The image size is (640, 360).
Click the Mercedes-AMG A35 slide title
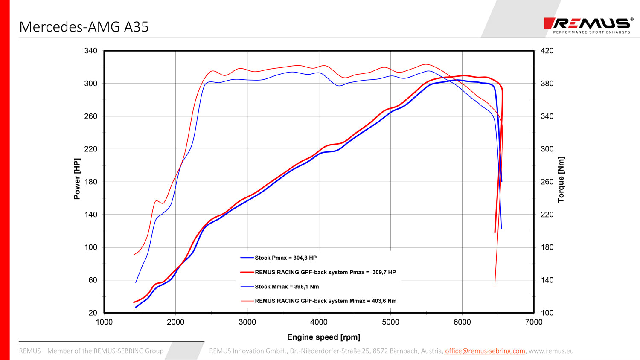click(84, 27)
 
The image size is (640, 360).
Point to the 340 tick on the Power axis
click(91, 51)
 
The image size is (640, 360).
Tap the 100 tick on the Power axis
click(91, 247)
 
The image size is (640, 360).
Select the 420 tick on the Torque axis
click(547, 51)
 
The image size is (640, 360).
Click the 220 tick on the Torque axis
click(547, 215)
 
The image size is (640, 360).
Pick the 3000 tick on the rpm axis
click(247, 322)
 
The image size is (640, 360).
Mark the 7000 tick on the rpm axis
click(534, 322)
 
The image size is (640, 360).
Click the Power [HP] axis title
click(77, 179)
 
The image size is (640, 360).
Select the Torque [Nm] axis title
click(561, 179)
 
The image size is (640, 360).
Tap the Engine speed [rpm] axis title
click(323, 337)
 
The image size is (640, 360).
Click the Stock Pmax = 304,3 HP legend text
click(285, 258)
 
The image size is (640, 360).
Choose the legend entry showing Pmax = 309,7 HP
click(325, 272)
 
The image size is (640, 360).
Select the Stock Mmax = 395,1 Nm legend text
click(287, 287)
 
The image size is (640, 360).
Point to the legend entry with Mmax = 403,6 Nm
click(326, 301)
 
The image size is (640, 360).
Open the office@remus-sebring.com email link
click(485, 351)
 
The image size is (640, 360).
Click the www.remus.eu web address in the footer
click(551, 351)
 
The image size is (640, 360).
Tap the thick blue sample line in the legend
click(247, 258)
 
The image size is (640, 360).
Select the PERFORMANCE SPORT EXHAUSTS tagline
click(591, 32)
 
